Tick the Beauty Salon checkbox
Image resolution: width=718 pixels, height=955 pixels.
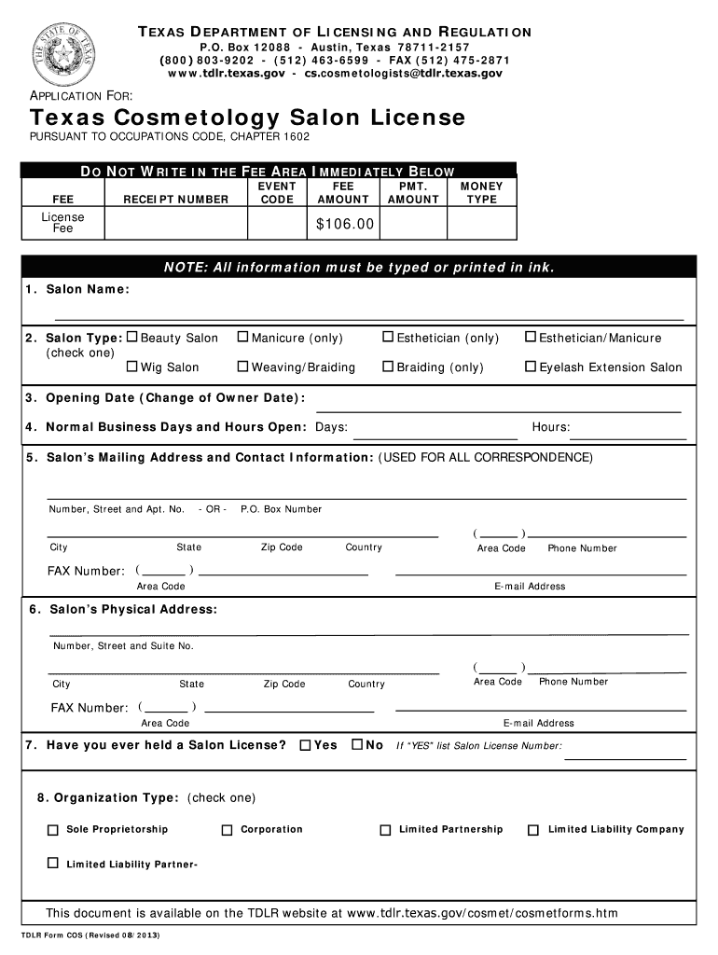(x=131, y=338)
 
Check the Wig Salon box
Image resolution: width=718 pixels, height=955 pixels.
(x=131, y=367)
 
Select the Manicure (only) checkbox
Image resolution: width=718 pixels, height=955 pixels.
(x=242, y=338)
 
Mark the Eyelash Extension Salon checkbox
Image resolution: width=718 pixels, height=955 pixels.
(x=531, y=367)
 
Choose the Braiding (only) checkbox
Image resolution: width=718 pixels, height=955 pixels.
(x=388, y=367)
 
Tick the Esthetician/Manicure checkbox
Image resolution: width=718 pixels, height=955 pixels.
(x=531, y=338)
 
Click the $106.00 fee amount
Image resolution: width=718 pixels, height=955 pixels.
(x=345, y=224)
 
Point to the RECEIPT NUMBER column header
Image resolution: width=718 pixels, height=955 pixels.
(x=175, y=199)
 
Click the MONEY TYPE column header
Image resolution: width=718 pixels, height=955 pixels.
(x=481, y=193)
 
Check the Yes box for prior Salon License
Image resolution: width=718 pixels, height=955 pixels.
(x=305, y=745)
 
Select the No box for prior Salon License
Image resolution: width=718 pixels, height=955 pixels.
(x=356, y=745)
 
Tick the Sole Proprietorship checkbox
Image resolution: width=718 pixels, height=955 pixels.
(x=53, y=830)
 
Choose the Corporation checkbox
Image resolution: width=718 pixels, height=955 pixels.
(x=227, y=830)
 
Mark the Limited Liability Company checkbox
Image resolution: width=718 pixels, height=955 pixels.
(x=533, y=830)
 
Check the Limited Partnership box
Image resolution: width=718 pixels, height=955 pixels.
(x=385, y=830)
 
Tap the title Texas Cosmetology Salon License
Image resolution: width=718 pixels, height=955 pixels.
(x=247, y=118)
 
